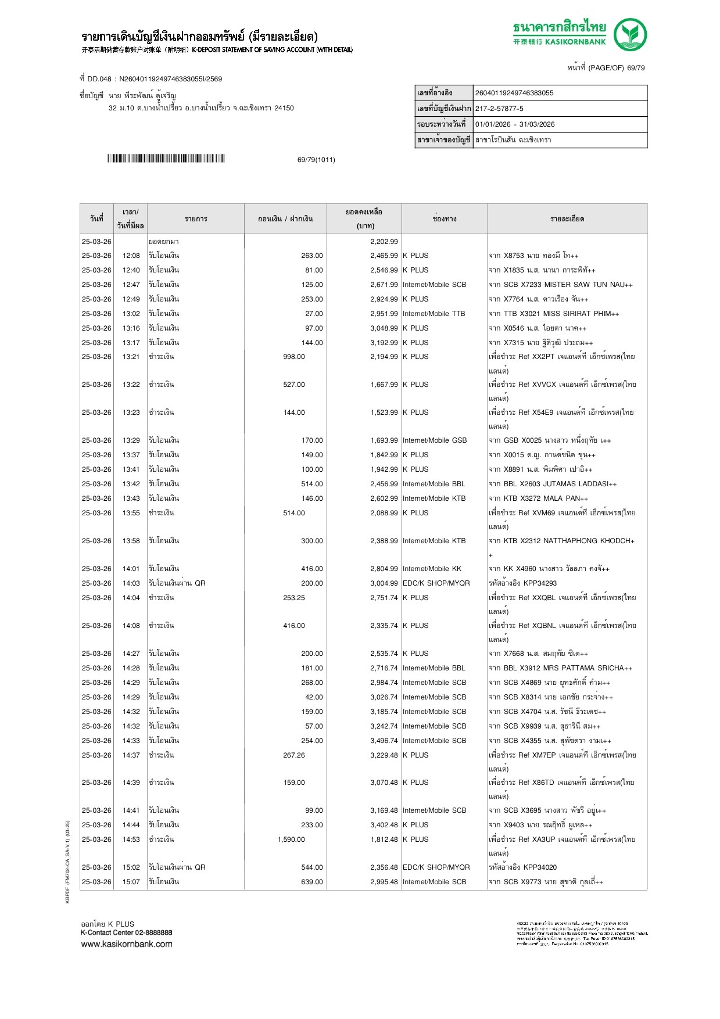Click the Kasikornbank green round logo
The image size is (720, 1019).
click(630, 35)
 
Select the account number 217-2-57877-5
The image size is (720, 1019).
click(499, 109)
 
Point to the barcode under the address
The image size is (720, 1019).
click(166, 159)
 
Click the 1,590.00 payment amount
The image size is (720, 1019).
click(291, 839)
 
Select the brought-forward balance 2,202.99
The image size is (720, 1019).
click(384, 242)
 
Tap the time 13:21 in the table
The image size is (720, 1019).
click(131, 357)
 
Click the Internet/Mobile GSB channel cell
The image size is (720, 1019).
click(435, 440)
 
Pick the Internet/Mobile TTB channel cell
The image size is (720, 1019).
click(434, 314)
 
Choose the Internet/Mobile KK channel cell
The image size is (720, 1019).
click(432, 569)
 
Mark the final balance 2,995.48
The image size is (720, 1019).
click(384, 882)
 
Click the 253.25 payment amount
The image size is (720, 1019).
click(294, 598)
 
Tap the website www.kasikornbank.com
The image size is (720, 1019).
click(127, 944)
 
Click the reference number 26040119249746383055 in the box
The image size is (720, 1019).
click(514, 93)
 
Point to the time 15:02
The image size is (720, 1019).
click(131, 867)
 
